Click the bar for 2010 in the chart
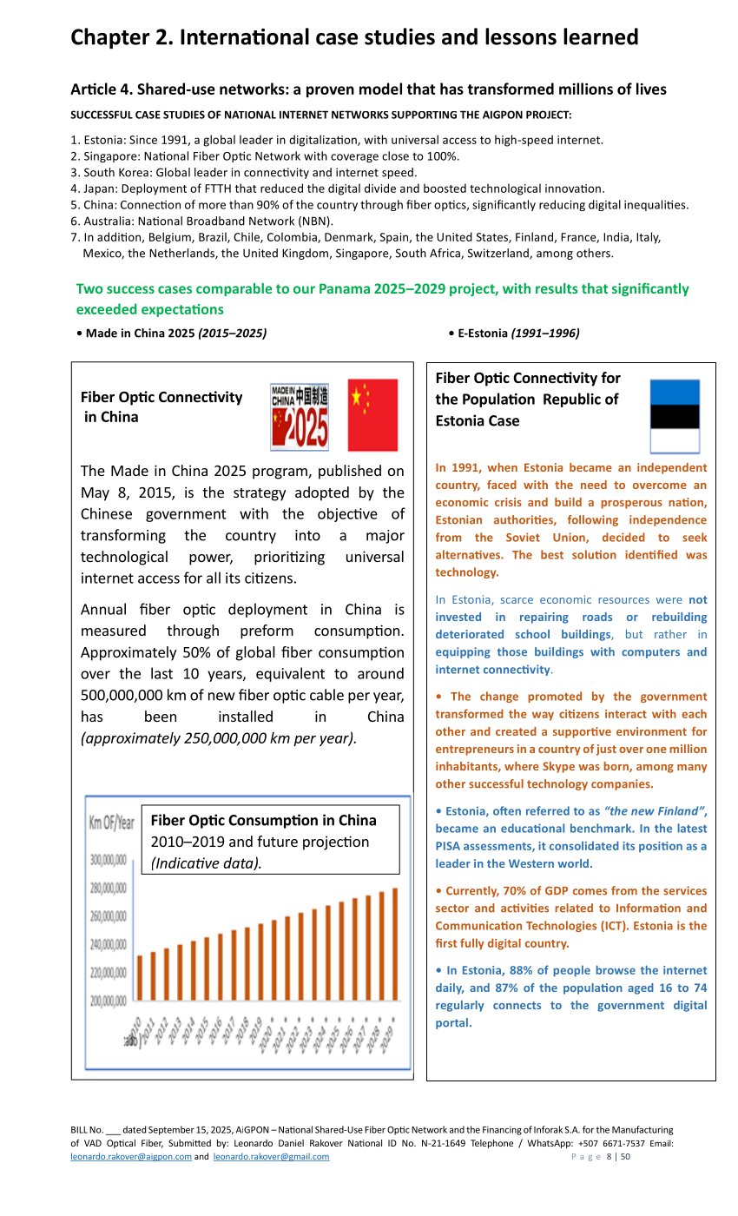coord(140,978)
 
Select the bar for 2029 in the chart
coord(395,944)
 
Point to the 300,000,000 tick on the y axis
coord(109,860)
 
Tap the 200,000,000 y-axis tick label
coord(109,1001)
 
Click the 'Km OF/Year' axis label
coord(111,822)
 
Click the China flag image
coord(372,414)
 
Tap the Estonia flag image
coord(675,416)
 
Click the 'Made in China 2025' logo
coord(300,416)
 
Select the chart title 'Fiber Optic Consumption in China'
coord(264,820)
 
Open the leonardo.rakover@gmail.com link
coord(271,1157)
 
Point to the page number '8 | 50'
coord(618,1157)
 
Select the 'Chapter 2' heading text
coord(354,37)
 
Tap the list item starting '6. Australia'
coord(201,221)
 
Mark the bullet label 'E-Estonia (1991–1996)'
coord(518,333)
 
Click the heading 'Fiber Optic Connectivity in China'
coord(161,406)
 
